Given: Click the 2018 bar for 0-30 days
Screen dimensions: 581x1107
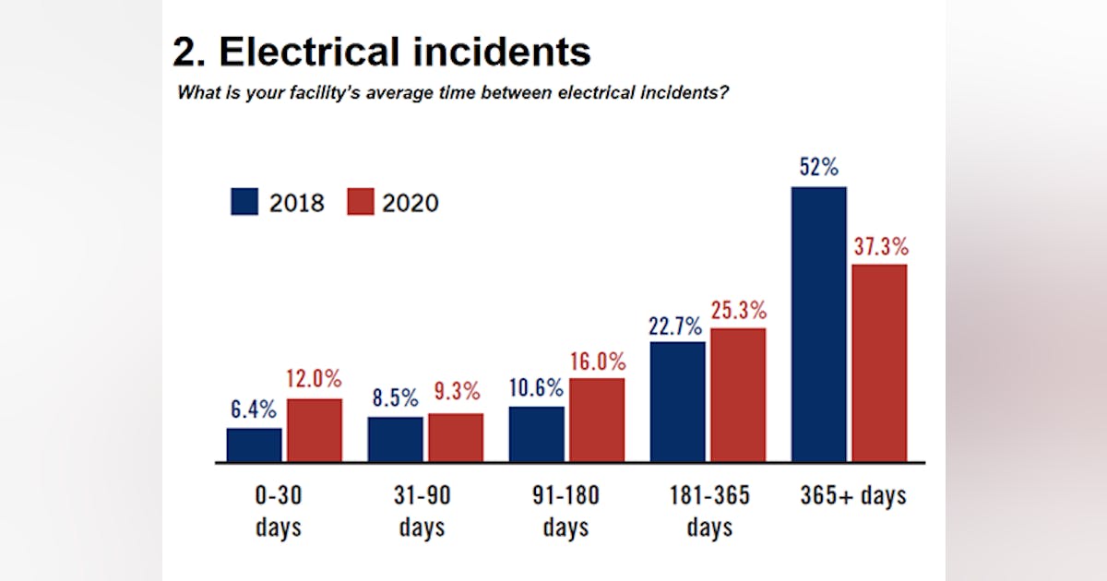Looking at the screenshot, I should tap(255, 445).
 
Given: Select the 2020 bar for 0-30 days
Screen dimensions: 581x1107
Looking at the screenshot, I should tap(314, 430).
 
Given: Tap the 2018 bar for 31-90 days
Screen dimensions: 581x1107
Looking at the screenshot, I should tap(395, 439).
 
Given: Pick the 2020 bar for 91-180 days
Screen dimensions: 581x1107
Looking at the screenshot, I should tap(597, 420).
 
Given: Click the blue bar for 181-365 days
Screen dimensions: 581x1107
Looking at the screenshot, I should tap(678, 401).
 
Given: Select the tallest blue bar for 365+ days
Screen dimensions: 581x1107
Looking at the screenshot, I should tap(819, 324).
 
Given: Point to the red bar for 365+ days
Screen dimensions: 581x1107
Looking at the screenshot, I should tap(879, 362).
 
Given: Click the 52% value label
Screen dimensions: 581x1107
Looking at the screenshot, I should tap(819, 168).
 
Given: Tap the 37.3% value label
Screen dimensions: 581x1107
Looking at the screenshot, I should tap(879, 246).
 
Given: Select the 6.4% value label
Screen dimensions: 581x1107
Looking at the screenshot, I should tap(254, 409).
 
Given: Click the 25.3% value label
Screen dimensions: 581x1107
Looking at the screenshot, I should tap(738, 310).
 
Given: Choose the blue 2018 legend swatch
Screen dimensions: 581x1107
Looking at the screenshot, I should tap(244, 202).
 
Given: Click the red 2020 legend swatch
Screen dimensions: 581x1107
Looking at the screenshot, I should tap(361, 202).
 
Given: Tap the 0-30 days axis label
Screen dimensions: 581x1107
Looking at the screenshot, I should tap(278, 511).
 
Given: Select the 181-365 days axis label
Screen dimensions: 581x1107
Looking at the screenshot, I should tap(709, 511).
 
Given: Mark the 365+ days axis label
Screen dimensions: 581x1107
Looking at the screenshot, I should tap(853, 495).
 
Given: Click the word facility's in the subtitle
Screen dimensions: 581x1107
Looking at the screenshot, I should tap(293, 93).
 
